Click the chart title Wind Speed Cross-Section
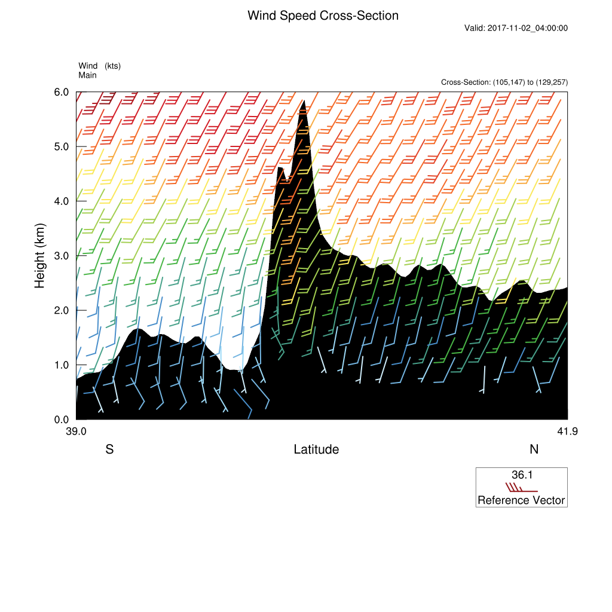(x=323, y=16)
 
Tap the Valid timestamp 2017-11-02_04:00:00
(x=516, y=28)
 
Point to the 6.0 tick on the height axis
(x=62, y=92)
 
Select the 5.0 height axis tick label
(x=62, y=146)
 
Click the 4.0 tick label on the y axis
(x=62, y=201)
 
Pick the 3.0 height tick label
(x=62, y=256)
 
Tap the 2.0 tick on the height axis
(x=62, y=310)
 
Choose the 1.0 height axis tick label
(x=62, y=365)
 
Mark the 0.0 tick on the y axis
(x=62, y=420)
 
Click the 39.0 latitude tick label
(x=76, y=432)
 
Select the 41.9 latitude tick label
(x=567, y=432)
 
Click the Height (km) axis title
(x=40, y=256)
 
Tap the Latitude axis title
(x=316, y=449)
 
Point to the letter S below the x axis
(x=109, y=449)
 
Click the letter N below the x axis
(x=534, y=449)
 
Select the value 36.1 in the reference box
(x=522, y=475)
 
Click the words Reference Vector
(x=521, y=500)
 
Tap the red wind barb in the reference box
(x=520, y=488)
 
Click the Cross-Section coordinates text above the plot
(x=504, y=82)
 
